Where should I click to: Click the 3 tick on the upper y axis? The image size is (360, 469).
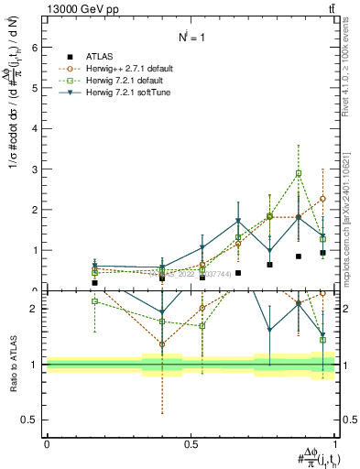tap(38, 169)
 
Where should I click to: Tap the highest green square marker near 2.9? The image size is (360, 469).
tap(299, 173)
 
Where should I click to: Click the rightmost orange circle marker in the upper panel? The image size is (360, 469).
tap(322, 199)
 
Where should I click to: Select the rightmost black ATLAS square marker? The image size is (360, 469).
tap(322, 252)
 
